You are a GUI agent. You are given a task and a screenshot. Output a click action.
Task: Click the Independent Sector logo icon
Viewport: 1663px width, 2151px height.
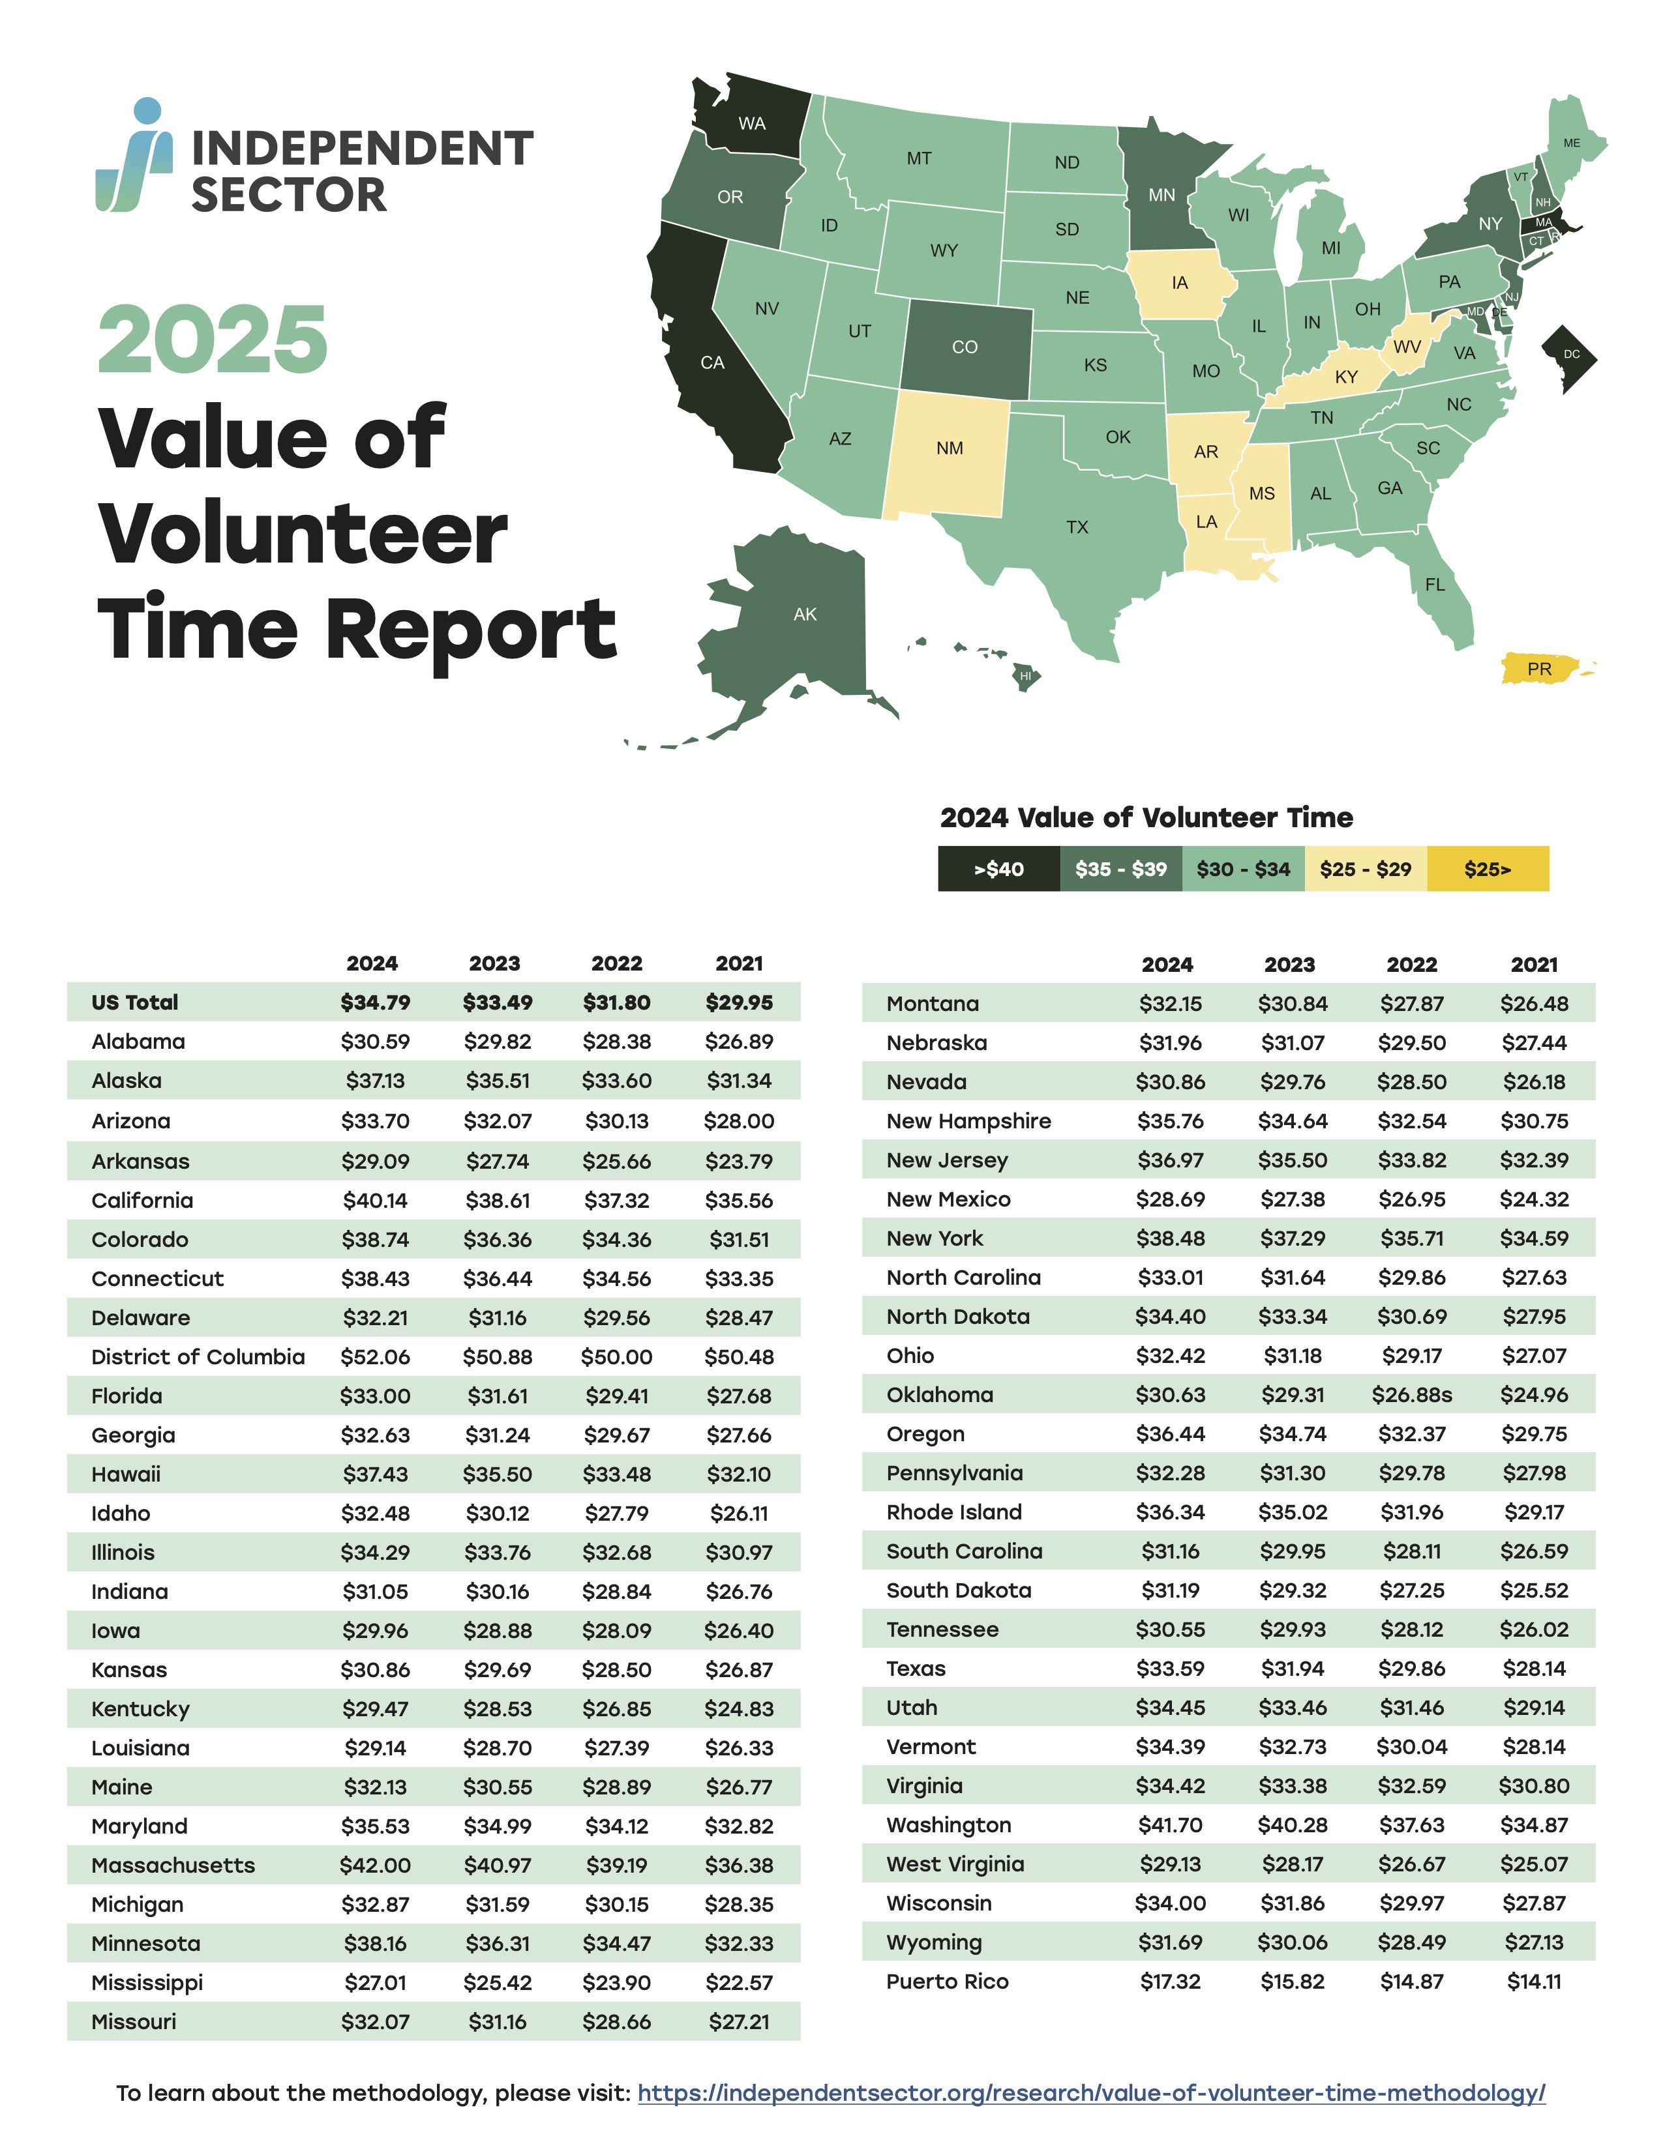(135, 156)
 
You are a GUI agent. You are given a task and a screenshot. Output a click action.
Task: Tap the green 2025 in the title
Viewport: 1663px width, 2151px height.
(213, 340)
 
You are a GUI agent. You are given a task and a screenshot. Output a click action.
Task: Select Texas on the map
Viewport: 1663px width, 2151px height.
(1076, 527)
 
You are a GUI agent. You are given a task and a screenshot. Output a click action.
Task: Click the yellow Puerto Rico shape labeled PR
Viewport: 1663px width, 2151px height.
(1539, 669)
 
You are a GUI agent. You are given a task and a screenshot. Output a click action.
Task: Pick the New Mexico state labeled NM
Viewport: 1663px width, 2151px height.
(949, 449)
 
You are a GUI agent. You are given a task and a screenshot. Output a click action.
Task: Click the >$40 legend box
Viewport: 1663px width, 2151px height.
(998, 869)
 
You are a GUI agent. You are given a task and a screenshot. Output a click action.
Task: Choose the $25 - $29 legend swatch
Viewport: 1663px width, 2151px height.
(1366, 869)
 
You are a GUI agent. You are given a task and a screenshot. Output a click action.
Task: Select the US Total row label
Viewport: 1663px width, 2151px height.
(135, 1002)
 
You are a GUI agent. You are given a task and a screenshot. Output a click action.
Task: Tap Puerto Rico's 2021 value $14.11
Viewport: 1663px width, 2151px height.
(1534, 1982)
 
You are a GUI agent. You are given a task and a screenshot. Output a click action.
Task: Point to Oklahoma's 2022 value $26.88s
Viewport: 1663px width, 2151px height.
(1412, 1395)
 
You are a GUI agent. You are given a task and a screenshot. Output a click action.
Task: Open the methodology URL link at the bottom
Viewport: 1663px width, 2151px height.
(1090, 2093)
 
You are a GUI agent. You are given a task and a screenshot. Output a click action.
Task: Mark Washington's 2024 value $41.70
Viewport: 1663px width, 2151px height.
(1171, 1825)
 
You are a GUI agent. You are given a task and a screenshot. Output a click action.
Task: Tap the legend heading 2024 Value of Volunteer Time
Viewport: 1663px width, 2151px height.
(1146, 817)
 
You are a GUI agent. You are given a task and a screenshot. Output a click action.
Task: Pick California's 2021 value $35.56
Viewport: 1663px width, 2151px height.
(739, 1201)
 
